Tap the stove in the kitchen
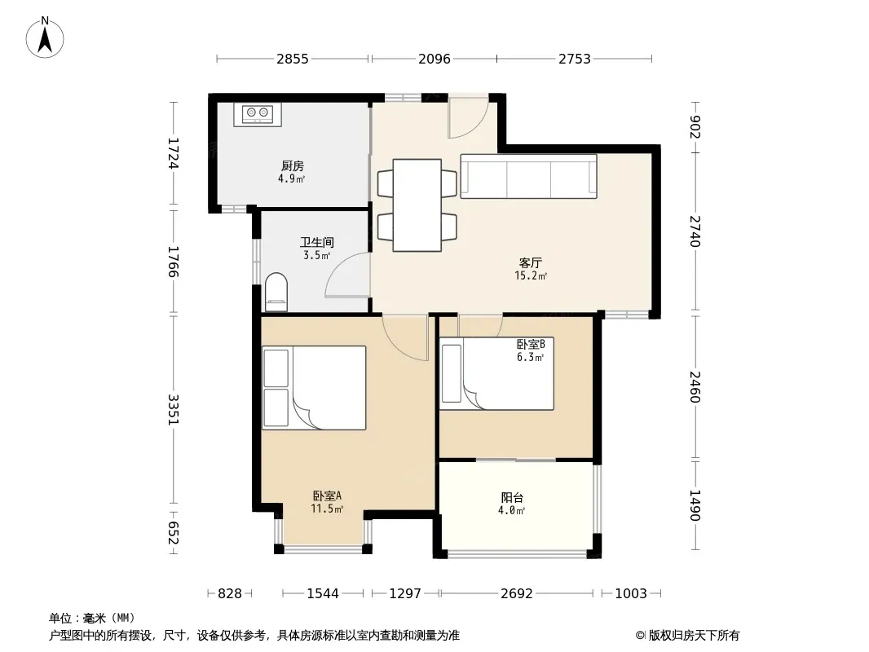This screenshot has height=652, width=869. click(x=257, y=115)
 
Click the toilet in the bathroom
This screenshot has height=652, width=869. click(x=276, y=292)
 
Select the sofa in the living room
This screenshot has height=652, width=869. click(x=528, y=176)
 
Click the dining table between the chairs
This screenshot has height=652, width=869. click(x=417, y=205)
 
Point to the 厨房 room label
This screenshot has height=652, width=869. click(x=292, y=165)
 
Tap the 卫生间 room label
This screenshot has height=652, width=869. click(x=316, y=242)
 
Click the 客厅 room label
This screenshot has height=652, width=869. click(x=531, y=262)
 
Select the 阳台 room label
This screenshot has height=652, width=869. click(x=512, y=497)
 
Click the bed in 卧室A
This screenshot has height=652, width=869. click(x=314, y=388)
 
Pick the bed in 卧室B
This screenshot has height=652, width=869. click(x=496, y=374)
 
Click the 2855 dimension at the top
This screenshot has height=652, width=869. click(x=293, y=59)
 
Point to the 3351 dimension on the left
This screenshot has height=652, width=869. click(x=173, y=409)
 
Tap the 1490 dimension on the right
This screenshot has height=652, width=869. click(x=695, y=505)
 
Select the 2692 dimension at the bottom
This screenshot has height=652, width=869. click(x=517, y=593)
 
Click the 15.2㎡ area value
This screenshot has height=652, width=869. click(x=531, y=275)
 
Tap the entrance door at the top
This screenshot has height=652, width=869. click(x=468, y=117)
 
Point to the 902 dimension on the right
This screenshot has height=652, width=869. click(x=695, y=127)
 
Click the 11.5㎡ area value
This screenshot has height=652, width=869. click(x=327, y=509)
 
